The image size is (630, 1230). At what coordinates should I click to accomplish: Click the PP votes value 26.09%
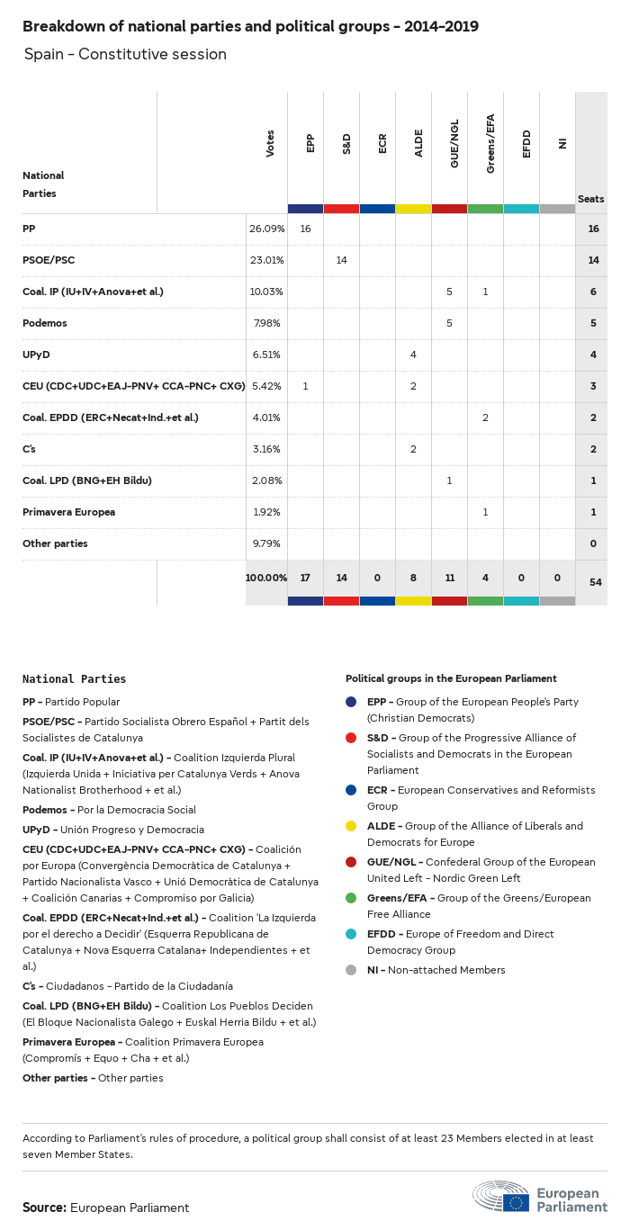click(x=266, y=229)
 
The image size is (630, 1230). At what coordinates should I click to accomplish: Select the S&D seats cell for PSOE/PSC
click(x=341, y=260)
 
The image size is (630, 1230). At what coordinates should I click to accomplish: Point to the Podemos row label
click(x=45, y=323)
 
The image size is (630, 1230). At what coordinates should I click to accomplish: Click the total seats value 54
click(x=595, y=582)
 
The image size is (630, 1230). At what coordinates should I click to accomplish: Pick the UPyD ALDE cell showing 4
click(x=413, y=355)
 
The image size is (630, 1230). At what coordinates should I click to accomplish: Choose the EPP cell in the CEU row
click(x=305, y=386)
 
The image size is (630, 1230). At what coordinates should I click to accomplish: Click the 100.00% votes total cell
click(x=266, y=577)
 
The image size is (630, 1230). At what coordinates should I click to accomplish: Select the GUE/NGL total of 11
click(x=449, y=577)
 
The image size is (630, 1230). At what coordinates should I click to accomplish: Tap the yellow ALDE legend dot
click(x=351, y=826)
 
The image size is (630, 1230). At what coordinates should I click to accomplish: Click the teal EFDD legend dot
click(x=351, y=934)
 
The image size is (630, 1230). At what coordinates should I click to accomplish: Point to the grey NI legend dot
click(x=351, y=970)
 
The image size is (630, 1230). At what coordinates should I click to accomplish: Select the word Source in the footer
click(x=43, y=1208)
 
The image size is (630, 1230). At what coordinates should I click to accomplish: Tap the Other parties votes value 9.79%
click(x=266, y=543)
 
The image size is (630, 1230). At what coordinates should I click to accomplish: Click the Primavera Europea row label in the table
click(x=68, y=512)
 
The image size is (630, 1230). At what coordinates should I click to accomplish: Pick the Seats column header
click(x=590, y=199)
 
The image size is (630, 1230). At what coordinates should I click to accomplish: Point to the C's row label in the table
click(x=30, y=449)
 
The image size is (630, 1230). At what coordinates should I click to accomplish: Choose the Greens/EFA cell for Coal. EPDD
click(x=485, y=417)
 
